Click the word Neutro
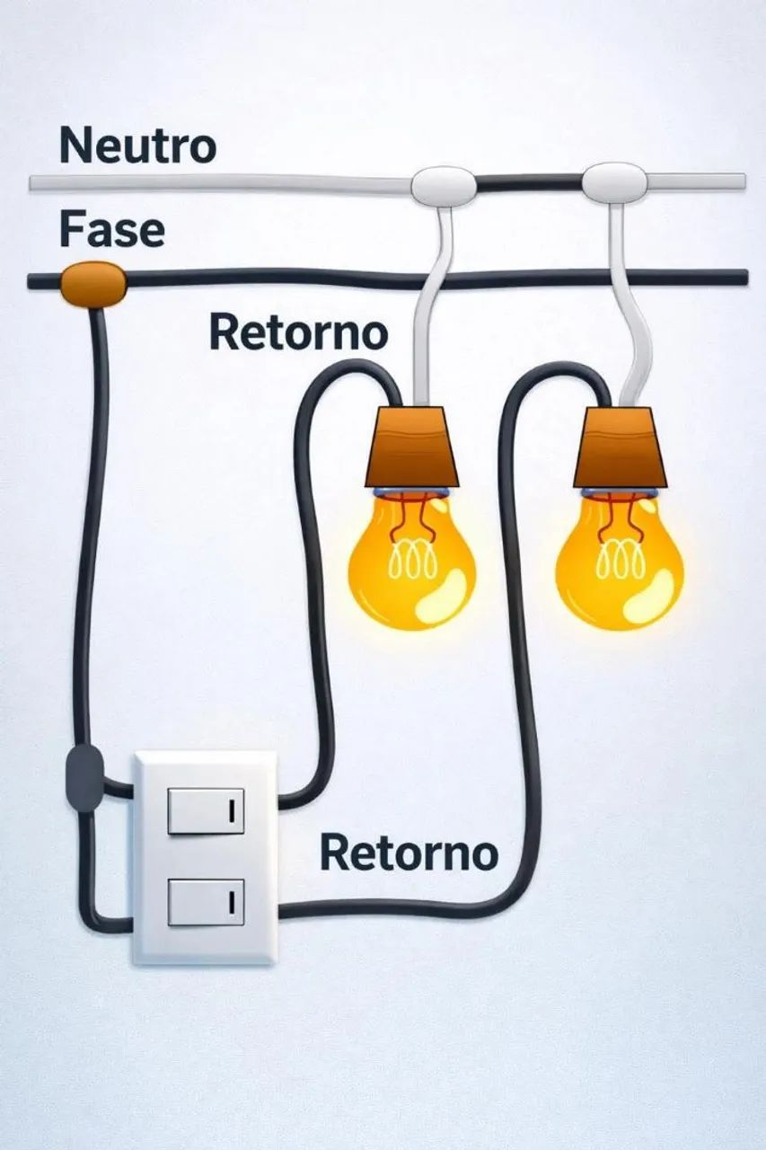pos(137,146)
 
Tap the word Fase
pos(112,231)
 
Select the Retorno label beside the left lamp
pos(298,333)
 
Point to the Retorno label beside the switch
pos(409,854)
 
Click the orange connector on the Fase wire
pos(92,285)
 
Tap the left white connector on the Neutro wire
pos(444,185)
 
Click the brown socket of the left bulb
pos(412,447)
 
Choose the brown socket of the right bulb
pos(621,447)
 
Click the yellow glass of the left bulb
pos(412,562)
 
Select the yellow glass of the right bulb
pos(620,562)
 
